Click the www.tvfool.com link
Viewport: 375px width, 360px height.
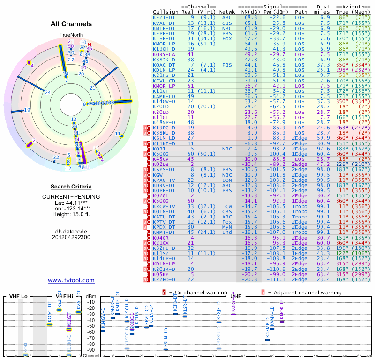click(71, 280)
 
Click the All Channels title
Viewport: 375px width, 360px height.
click(71, 24)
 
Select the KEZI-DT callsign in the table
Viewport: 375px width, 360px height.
click(164, 17)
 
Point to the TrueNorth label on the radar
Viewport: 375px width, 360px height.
click(71, 35)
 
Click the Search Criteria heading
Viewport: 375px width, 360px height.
click(71, 187)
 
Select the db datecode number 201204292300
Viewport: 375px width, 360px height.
click(71, 237)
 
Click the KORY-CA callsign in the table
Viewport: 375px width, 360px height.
click(164, 55)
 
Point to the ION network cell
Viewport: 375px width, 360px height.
click(227, 180)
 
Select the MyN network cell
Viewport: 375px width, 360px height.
click(227, 227)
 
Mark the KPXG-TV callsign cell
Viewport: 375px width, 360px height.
click(164, 180)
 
